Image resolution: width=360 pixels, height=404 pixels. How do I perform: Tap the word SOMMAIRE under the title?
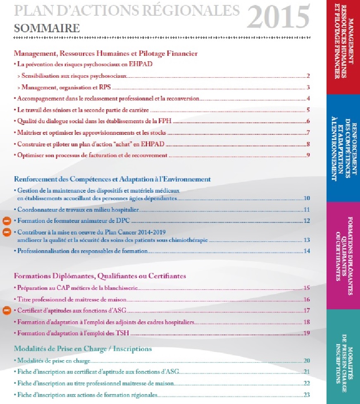(47, 28)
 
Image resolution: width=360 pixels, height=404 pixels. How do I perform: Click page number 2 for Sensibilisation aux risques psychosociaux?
(308, 76)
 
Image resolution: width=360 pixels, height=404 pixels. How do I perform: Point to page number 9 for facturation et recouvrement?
(308, 155)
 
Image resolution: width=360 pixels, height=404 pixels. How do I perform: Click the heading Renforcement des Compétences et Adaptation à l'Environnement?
(112, 179)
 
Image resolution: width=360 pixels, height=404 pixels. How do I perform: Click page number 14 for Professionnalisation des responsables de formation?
(307, 251)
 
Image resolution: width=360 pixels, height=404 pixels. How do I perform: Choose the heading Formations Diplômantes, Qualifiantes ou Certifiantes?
(100, 275)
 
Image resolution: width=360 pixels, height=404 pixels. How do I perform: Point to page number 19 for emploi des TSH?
(307, 333)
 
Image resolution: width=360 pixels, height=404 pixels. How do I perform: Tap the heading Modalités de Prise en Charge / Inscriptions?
(83, 349)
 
